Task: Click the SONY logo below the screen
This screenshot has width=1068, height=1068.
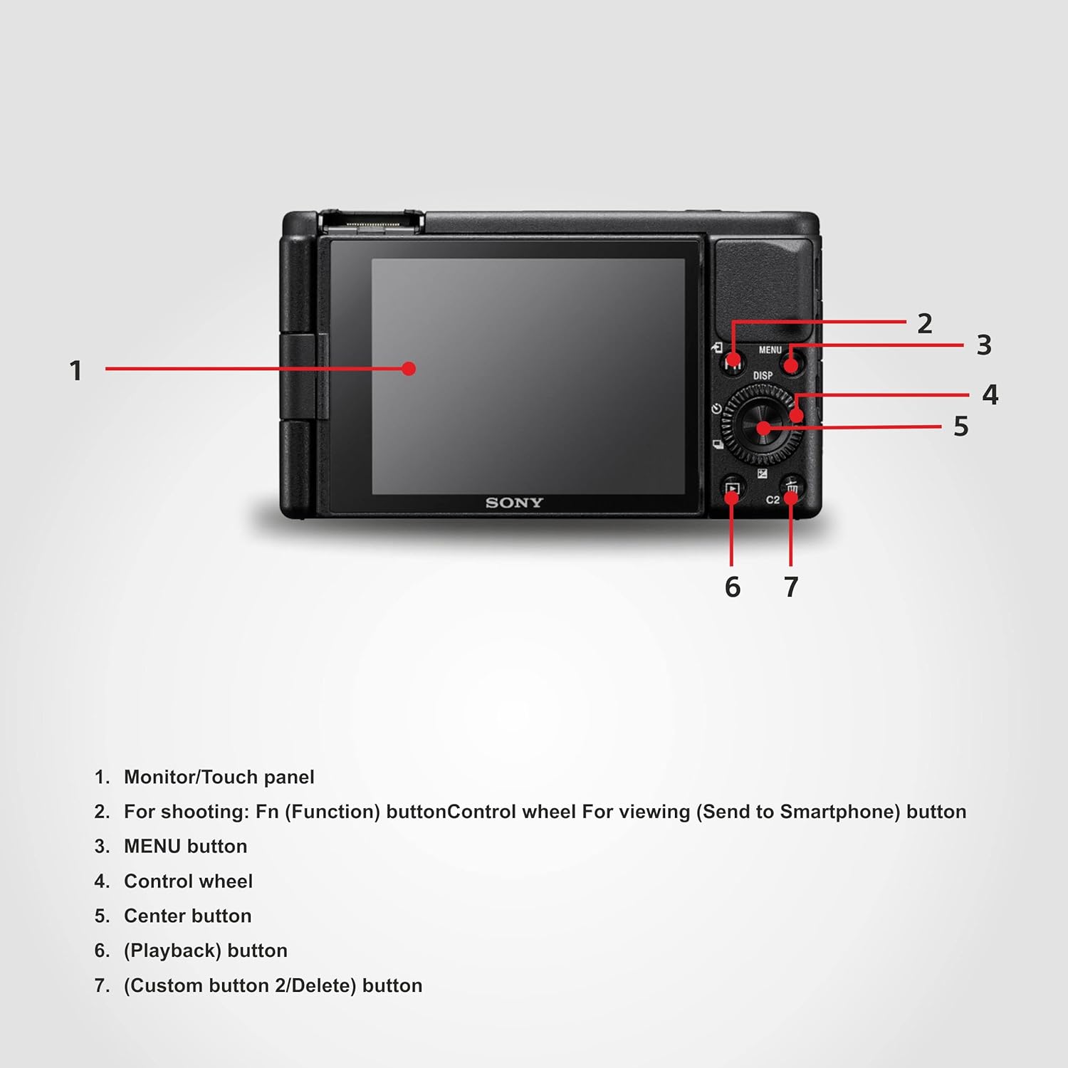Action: tap(514, 503)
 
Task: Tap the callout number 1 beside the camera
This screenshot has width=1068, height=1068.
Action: tap(75, 370)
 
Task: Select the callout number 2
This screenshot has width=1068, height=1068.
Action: tap(924, 324)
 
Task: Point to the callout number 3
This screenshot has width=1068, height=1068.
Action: tap(984, 345)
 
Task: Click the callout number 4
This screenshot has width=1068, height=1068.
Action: tap(990, 395)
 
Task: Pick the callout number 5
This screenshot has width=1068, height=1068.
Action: tap(960, 426)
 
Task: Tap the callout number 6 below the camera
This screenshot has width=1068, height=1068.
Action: tap(733, 587)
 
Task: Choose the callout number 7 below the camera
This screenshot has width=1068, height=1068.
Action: tap(791, 587)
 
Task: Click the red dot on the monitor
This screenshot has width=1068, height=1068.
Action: tap(408, 368)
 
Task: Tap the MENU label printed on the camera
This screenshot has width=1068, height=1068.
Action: tap(770, 350)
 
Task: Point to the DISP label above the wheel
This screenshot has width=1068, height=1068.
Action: tap(763, 375)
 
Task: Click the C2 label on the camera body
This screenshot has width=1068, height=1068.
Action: tap(773, 500)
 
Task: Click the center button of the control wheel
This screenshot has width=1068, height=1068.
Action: tap(763, 427)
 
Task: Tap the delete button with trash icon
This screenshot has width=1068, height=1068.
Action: tap(791, 489)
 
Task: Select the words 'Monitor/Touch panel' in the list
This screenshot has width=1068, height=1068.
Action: tap(219, 777)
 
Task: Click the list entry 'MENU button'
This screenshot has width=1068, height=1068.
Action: tap(185, 846)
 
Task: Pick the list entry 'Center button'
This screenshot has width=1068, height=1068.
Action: tap(187, 916)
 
